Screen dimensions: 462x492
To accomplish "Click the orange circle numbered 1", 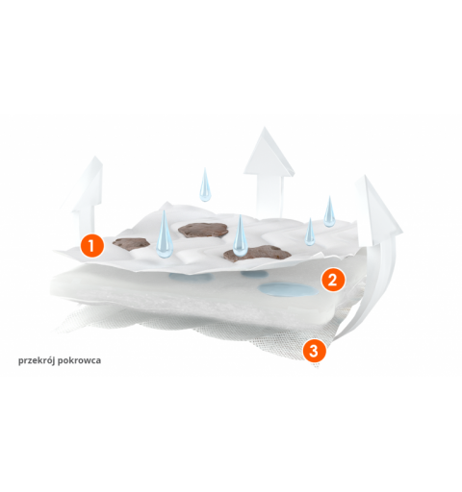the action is click(x=92, y=246).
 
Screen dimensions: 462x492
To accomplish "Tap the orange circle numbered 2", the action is click(x=333, y=280).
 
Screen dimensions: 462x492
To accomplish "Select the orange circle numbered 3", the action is click(x=314, y=351).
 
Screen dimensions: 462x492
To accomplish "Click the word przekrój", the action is click(x=36, y=360).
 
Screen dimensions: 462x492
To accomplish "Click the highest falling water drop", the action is click(x=205, y=184).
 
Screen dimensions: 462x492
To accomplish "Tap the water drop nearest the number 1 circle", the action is click(x=165, y=234).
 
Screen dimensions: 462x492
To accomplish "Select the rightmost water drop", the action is click(x=329, y=211).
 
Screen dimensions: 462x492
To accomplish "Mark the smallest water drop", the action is click(x=310, y=232).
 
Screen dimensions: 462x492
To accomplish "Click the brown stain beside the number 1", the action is click(x=131, y=243).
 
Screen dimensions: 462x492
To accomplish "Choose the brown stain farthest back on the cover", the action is click(x=203, y=230).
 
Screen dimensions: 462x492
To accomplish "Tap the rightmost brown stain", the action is click(x=258, y=254).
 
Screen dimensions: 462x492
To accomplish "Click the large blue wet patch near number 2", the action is click(x=288, y=289).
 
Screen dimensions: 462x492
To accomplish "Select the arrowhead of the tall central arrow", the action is click(x=269, y=153).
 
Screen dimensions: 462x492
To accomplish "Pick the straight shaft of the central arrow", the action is click(x=270, y=196).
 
